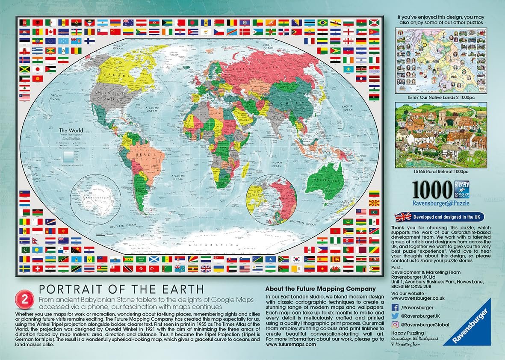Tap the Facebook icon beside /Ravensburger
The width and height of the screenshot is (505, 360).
pyautogui.click(x=396, y=307)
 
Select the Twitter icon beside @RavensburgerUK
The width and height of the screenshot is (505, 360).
pyautogui.click(x=396, y=316)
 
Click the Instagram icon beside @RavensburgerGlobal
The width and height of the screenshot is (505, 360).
pyautogui.click(x=396, y=325)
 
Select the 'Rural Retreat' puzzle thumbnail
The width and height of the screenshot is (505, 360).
pyautogui.click(x=440, y=133)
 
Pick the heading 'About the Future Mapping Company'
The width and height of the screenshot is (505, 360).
pyautogui.click(x=320, y=289)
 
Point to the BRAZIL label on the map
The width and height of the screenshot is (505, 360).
pyautogui.click(x=143, y=151)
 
